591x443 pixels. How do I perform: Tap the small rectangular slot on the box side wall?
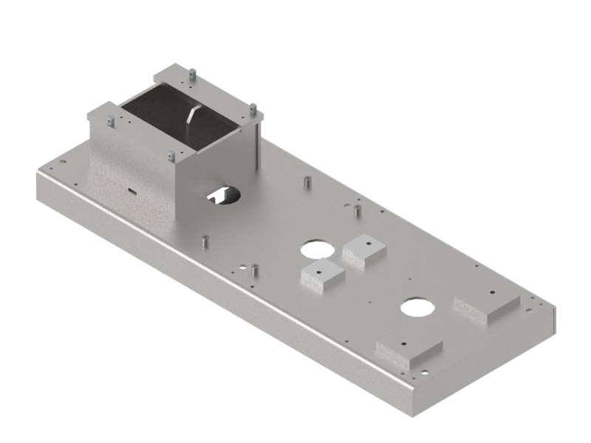pyautogui.click(x=131, y=190)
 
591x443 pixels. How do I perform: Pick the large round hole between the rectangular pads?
pyautogui.click(x=417, y=306)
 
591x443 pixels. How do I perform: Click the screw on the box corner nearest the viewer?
pyautogui.click(x=171, y=156)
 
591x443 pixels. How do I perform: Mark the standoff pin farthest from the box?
pyautogui.click(x=357, y=210)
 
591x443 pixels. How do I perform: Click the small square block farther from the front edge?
pyautogui.click(x=364, y=249)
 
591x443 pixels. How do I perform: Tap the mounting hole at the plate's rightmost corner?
pyautogui.click(x=529, y=310)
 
